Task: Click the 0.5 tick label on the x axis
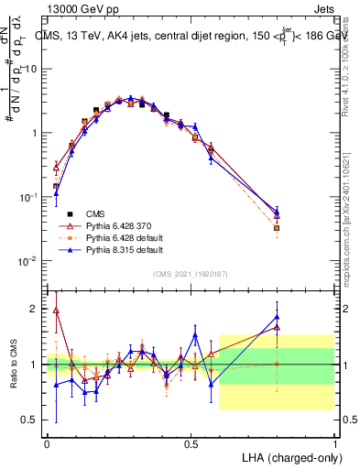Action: (191, 443)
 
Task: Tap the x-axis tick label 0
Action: (47, 443)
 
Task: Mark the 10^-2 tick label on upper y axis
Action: (27, 261)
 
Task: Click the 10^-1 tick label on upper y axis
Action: (27, 197)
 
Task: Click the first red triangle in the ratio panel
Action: (56, 310)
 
